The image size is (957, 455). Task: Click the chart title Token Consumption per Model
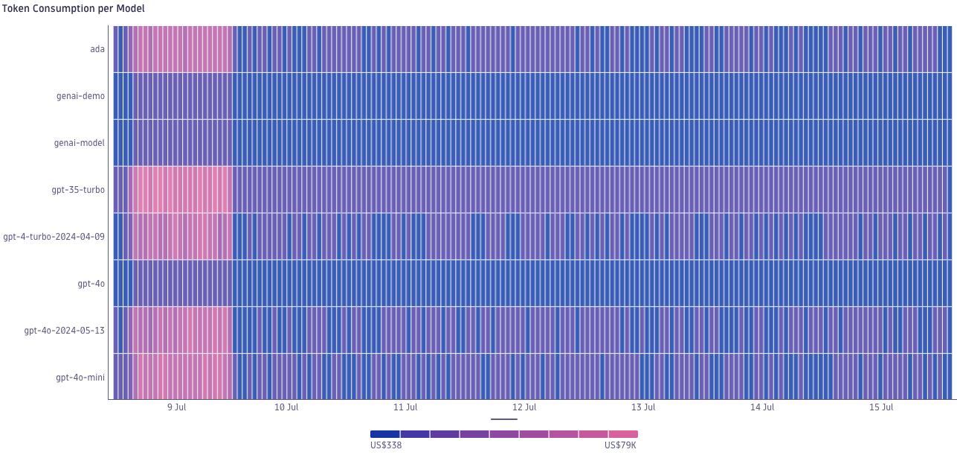(x=73, y=9)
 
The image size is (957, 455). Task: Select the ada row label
(x=97, y=49)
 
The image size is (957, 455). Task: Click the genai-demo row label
(x=80, y=96)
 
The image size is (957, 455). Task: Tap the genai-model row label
(x=80, y=143)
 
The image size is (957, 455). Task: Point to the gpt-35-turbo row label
(x=78, y=190)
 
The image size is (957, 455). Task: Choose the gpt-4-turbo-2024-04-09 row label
(x=54, y=237)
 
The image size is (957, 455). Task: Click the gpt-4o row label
(x=91, y=284)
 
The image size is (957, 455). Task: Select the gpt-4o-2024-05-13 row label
(x=65, y=331)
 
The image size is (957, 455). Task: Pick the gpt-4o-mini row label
(x=80, y=378)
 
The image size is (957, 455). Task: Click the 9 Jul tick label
(x=176, y=407)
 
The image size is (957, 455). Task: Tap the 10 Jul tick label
(x=286, y=407)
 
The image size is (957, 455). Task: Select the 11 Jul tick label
(x=405, y=407)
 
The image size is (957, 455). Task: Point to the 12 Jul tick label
(x=524, y=407)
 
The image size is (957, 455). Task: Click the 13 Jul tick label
(x=643, y=407)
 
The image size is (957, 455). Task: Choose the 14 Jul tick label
(x=762, y=407)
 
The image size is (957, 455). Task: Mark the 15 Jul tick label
(x=881, y=407)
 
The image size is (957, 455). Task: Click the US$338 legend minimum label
(x=386, y=445)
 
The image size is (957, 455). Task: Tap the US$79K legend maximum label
(x=620, y=445)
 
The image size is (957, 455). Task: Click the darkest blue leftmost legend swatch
(x=385, y=434)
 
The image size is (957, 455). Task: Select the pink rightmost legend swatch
(x=623, y=434)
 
